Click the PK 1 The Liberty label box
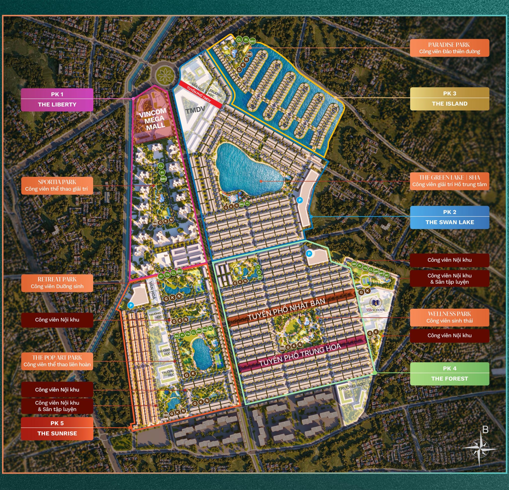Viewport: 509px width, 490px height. (x=57, y=100)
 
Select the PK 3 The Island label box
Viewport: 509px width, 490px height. (x=450, y=99)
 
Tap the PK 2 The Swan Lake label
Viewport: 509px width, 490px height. (x=450, y=217)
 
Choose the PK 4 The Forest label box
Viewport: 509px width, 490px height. (x=450, y=373)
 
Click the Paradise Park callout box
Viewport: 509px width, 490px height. (x=450, y=48)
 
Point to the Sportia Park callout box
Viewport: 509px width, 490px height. (x=57, y=185)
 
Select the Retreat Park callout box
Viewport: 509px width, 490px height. (x=57, y=283)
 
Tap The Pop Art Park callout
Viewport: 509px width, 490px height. (x=57, y=361)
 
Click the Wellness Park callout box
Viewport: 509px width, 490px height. (x=450, y=317)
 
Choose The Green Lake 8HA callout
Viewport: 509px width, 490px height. (x=450, y=181)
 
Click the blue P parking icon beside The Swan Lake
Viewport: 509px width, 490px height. (x=300, y=200)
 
